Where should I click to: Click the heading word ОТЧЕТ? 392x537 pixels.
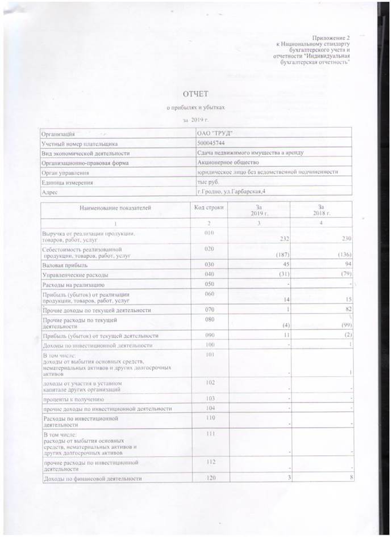pyautogui.click(x=195, y=92)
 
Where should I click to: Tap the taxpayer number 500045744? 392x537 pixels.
pyautogui.click(x=208, y=143)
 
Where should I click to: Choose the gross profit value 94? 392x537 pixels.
pyautogui.click(x=349, y=264)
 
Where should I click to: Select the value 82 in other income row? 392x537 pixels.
pyautogui.click(x=349, y=310)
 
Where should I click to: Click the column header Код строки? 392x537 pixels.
pyautogui.click(x=209, y=208)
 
